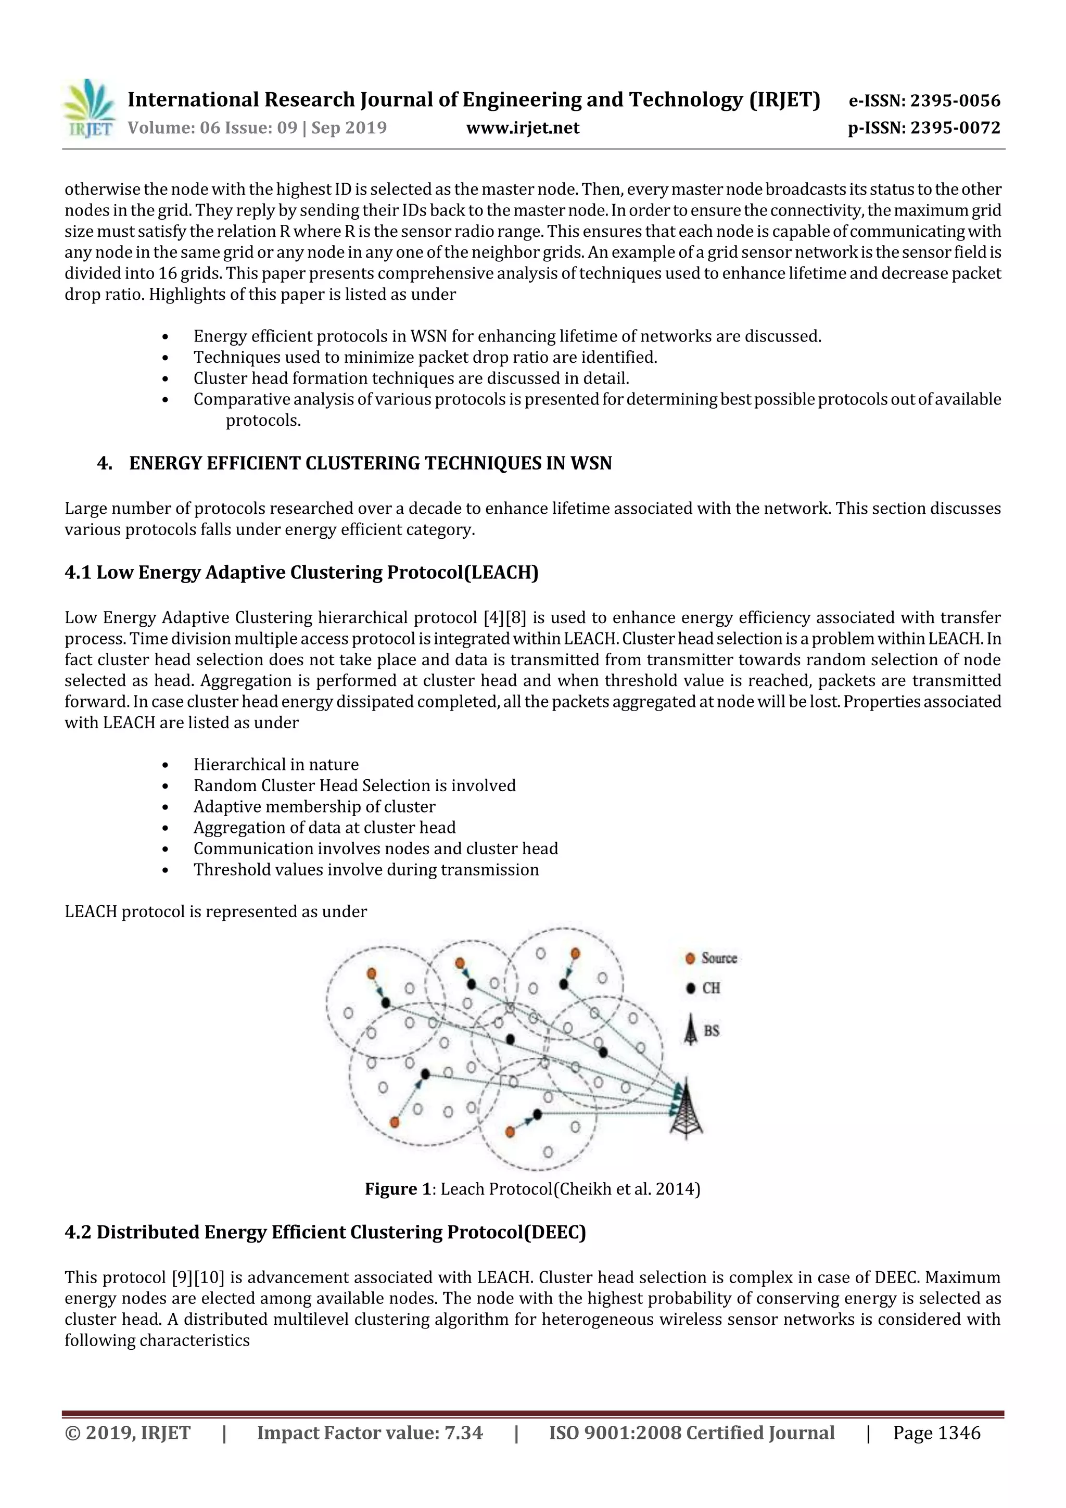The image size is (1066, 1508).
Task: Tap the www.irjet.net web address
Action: [x=523, y=128]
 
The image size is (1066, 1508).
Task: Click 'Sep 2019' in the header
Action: [x=349, y=128]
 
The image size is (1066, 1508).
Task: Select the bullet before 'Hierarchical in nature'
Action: [x=166, y=766]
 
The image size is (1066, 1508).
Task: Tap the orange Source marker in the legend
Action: [x=690, y=959]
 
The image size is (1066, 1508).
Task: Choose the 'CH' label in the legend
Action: [x=712, y=989]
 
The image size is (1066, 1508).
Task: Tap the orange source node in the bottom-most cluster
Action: [x=510, y=1132]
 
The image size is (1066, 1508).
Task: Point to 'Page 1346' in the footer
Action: [x=936, y=1433]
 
